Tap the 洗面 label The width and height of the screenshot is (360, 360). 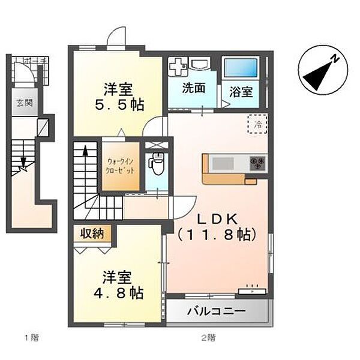click(193, 88)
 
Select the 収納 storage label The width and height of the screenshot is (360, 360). click(93, 233)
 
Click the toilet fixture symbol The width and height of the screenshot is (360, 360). click(157, 162)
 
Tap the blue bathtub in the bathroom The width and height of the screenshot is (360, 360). click(241, 68)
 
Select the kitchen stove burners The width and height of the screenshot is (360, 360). click(258, 162)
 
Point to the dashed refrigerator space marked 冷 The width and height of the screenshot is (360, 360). click(257, 125)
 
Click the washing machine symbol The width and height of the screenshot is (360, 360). click(178, 67)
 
